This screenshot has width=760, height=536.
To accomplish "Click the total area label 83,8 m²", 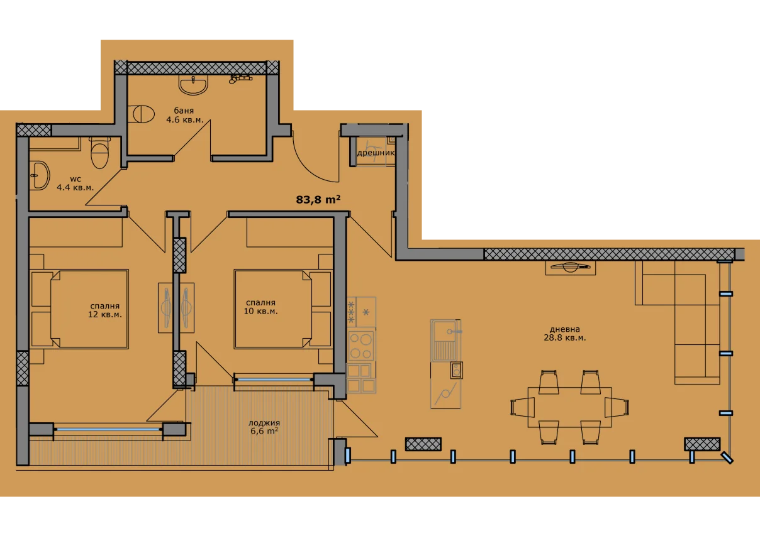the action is click(318, 200).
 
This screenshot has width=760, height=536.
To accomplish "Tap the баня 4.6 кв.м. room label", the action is click(184, 115).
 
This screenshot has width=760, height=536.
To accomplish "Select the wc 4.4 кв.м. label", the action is click(75, 183).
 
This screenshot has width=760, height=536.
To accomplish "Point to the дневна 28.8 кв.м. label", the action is click(564, 334).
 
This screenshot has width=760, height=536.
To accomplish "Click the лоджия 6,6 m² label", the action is click(264, 427).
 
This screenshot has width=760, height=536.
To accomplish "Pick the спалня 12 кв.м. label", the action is click(105, 310).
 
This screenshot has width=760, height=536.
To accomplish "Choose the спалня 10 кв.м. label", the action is click(260, 307).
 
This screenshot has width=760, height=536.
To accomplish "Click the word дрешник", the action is click(376, 153).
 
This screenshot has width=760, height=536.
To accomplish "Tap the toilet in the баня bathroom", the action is click(141, 114).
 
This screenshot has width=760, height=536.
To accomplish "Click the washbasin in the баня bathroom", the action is click(193, 85).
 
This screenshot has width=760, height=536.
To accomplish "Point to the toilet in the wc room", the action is click(100, 153).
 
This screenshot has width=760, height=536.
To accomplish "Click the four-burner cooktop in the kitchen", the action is click(361, 346).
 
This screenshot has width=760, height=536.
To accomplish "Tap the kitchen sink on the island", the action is click(445, 340).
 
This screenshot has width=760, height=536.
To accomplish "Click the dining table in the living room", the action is click(569, 407).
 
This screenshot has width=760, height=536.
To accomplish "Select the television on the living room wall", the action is click(571, 267).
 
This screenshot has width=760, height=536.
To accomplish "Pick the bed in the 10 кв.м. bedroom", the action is click(282, 309).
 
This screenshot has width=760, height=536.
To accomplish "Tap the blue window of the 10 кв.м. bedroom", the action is click(274, 380).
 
